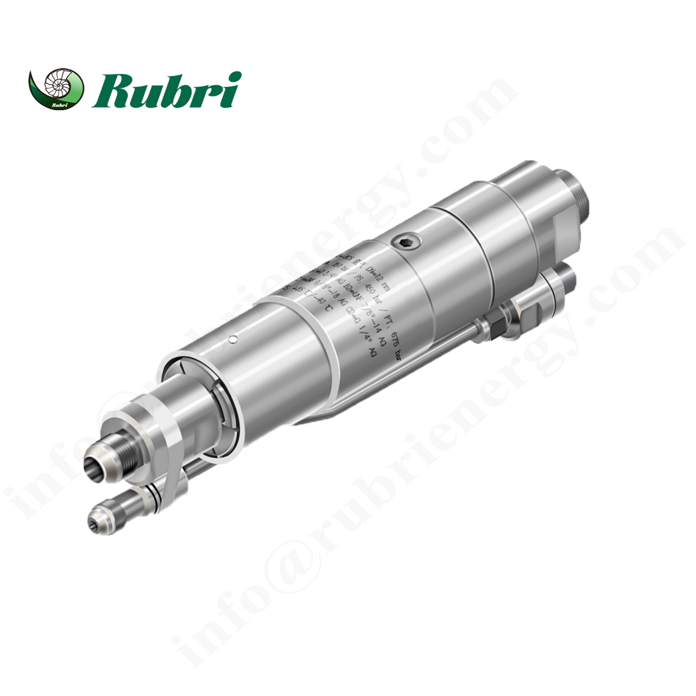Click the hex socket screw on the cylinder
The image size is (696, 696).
(x=406, y=244)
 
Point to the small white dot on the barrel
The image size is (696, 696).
(x=233, y=340)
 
